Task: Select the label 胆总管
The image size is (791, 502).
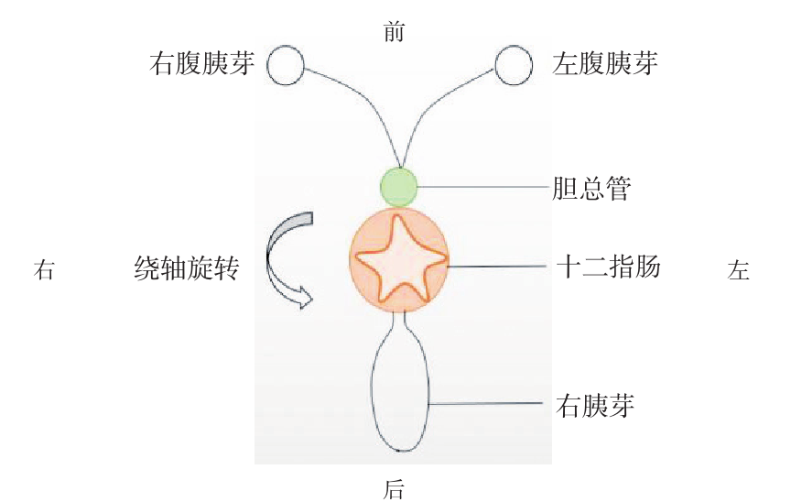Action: (592, 188)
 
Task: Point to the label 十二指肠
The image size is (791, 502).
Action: (609, 267)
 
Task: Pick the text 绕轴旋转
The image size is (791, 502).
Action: (186, 269)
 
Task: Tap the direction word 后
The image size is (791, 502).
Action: (394, 489)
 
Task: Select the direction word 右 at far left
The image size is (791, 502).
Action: (44, 270)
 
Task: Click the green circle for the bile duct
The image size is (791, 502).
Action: (399, 186)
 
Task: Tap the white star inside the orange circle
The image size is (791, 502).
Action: (399, 260)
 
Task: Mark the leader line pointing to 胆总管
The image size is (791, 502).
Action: (485, 188)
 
